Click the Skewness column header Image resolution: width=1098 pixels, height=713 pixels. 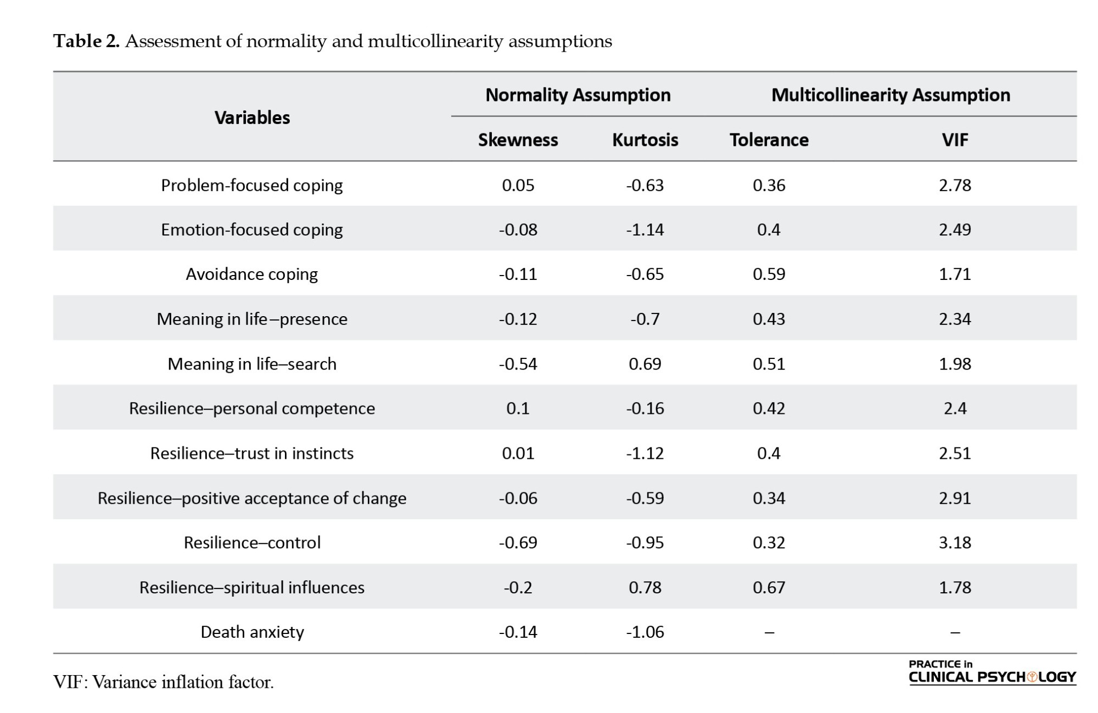[x=518, y=140]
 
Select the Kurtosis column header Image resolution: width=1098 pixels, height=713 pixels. [x=645, y=140]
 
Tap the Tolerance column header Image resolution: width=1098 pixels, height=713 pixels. [x=769, y=140]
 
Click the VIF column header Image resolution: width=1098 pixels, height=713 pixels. [x=955, y=140]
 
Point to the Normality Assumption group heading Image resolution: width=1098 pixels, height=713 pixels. [x=578, y=95]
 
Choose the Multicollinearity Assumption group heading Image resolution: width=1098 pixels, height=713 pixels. [x=890, y=95]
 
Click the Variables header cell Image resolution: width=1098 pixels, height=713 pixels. [x=252, y=117]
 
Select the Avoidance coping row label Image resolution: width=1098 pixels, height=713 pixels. [x=252, y=274]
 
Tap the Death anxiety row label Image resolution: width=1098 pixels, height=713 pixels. [x=252, y=632]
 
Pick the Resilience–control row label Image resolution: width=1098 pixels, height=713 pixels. [x=252, y=542]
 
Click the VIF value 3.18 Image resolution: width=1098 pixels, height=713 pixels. [x=955, y=542]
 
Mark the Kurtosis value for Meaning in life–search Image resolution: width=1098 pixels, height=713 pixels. [x=645, y=363]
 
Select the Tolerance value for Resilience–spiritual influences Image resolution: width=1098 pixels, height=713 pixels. [x=769, y=587]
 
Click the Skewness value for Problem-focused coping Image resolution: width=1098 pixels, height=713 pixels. [x=518, y=185]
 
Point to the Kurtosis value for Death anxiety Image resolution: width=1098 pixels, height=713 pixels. [x=645, y=632]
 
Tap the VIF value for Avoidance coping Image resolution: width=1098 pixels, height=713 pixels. [x=955, y=274]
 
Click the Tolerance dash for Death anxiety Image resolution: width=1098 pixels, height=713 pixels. [x=769, y=632]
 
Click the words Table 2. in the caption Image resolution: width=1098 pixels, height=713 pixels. [x=86, y=41]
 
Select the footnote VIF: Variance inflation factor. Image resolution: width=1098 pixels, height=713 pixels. [x=163, y=682]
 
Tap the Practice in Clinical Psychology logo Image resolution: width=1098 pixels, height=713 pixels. [x=992, y=672]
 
